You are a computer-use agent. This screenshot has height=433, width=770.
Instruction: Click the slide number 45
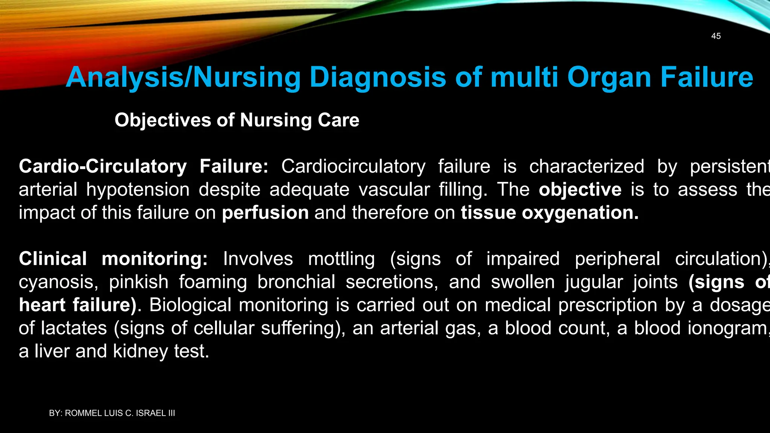pyautogui.click(x=716, y=36)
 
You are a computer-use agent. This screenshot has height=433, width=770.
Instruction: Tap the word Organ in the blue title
pyautogui.click(x=609, y=77)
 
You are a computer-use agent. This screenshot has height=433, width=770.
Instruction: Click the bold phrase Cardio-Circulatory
pyautogui.click(x=103, y=166)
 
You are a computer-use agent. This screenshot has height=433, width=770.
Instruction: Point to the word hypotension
pyautogui.click(x=138, y=189)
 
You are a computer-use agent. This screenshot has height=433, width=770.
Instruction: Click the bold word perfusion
pyautogui.click(x=265, y=213)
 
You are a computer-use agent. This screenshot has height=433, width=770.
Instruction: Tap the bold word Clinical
pyautogui.click(x=53, y=259)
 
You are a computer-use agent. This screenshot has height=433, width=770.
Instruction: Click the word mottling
pyautogui.click(x=341, y=259)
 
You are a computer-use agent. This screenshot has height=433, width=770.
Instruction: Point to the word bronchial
pyautogui.click(x=296, y=282)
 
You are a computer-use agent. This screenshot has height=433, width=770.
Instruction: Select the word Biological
pyautogui.click(x=190, y=305)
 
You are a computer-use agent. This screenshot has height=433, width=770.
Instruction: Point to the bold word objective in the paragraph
pyautogui.click(x=580, y=189)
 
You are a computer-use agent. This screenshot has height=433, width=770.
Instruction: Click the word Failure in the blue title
pyautogui.click(x=706, y=77)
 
